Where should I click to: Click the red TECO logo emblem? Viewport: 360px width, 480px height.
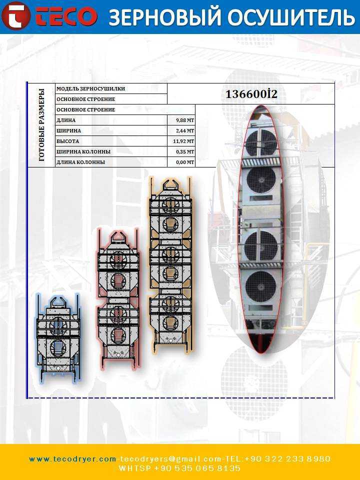[x=16, y=16]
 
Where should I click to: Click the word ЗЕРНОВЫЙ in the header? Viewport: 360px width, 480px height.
[x=164, y=16]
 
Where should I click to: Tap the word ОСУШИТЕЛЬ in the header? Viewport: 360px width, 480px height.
[x=291, y=17]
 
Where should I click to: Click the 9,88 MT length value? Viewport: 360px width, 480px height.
[x=185, y=120]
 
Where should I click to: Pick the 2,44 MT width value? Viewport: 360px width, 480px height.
[x=185, y=130]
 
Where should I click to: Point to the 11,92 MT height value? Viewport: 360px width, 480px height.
[x=183, y=141]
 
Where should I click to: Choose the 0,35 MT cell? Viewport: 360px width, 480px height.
[x=185, y=152]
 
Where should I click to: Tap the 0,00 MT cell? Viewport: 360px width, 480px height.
[x=185, y=162]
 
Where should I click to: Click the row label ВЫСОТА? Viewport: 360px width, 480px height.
[x=67, y=141]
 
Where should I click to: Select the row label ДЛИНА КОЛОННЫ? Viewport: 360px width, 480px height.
[x=80, y=162]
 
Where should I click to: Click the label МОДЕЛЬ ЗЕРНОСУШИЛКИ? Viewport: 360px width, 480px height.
[x=90, y=89]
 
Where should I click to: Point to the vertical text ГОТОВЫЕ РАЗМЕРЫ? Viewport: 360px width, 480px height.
[x=41, y=125]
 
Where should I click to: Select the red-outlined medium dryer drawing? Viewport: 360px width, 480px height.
[x=118, y=299]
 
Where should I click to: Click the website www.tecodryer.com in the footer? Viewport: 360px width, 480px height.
[x=72, y=459]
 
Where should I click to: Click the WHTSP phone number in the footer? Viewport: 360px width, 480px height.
[x=179, y=468]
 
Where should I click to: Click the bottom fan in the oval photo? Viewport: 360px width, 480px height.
[x=260, y=286]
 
